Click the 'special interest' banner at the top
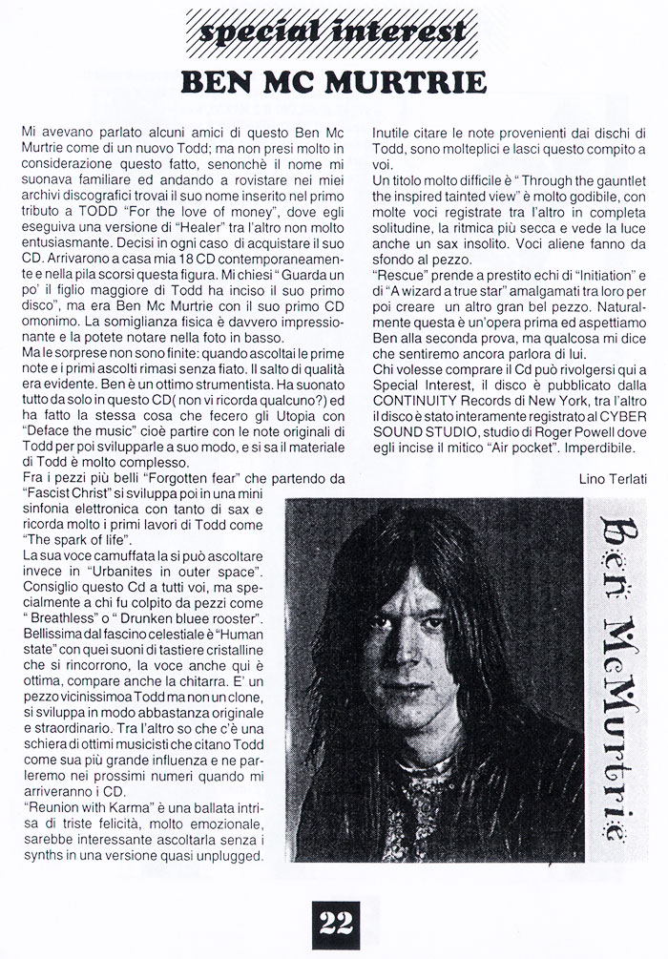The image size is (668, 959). coord(332,32)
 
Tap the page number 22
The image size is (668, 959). coord(333,923)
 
